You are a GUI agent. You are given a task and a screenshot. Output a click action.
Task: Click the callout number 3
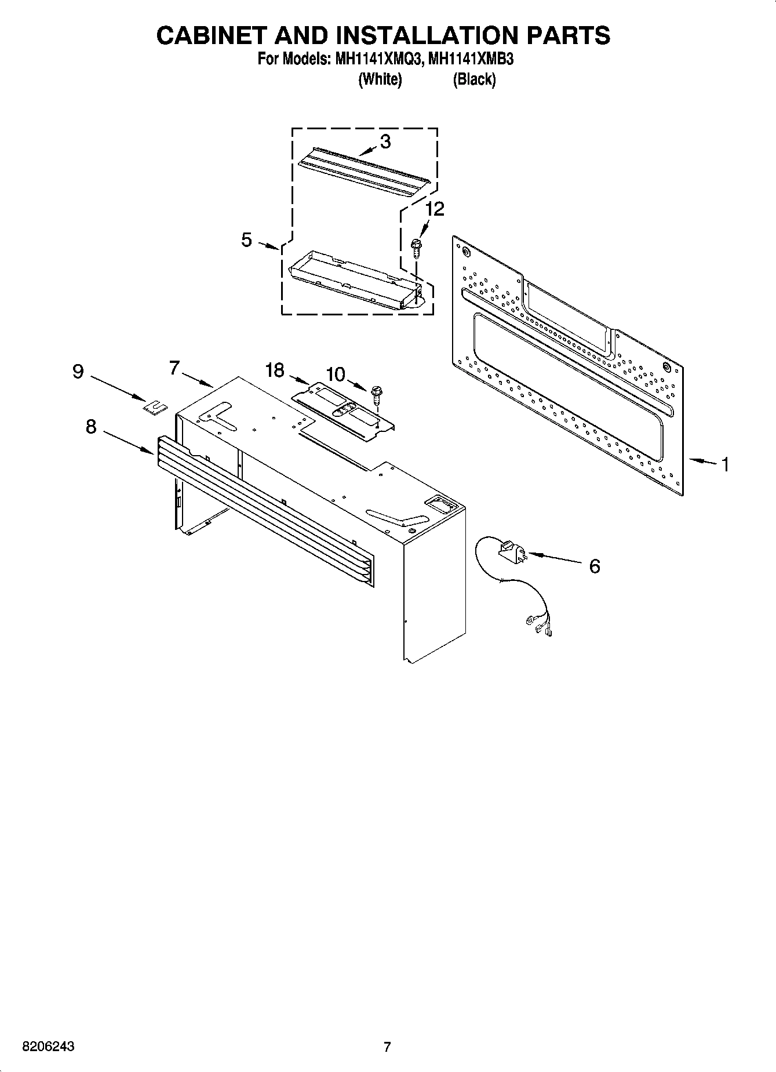pos(385,141)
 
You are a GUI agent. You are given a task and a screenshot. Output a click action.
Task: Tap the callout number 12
pos(435,209)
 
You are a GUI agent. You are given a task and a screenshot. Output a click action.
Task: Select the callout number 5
pos(247,239)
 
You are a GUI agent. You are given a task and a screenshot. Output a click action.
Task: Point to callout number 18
pos(275,370)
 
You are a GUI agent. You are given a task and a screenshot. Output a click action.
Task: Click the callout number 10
pos(336,375)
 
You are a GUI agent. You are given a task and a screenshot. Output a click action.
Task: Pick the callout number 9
pos(78,371)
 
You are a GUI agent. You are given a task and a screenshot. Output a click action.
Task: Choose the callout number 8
pos(91,427)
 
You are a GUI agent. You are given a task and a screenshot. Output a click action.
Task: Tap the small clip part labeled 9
pos(154,409)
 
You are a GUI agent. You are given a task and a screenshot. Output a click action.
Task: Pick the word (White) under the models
pos(380,79)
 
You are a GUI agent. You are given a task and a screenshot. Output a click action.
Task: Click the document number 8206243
pos(48,1047)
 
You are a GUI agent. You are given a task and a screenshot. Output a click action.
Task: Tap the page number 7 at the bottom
pos(387,1047)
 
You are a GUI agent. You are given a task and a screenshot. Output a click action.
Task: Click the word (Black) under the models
pos(474,79)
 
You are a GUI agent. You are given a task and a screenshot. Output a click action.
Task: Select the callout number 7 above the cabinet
pos(174,368)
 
